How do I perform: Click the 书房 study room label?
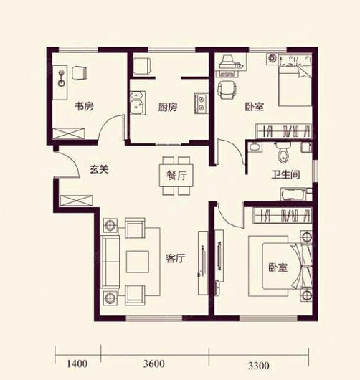click(x=85, y=107)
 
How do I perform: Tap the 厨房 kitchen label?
click(x=168, y=108)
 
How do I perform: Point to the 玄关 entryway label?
click(x=99, y=170)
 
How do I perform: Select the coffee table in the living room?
click(x=138, y=261)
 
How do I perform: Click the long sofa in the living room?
click(x=110, y=261)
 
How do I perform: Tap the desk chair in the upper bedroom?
click(x=227, y=90)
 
